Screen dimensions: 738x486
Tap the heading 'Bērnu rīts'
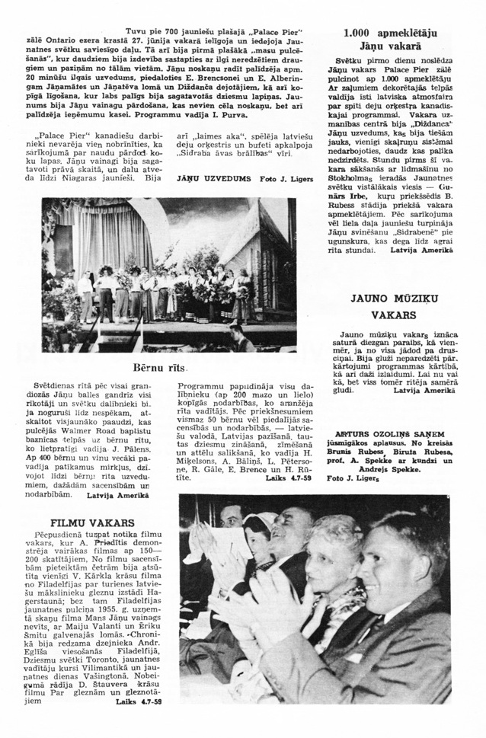(160, 366)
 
